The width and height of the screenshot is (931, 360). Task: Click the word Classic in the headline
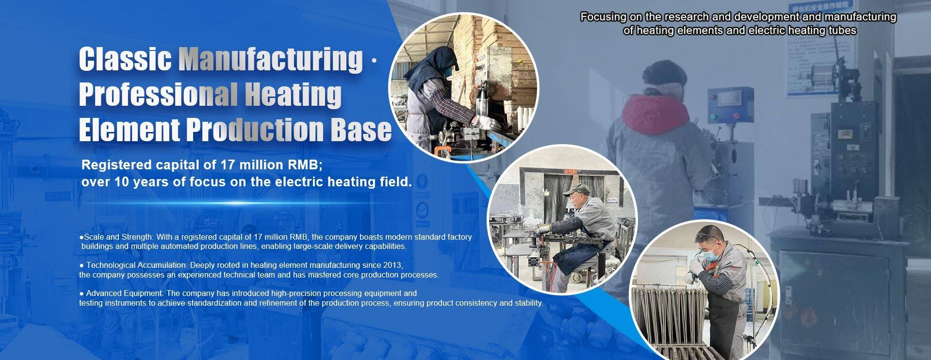[126, 59]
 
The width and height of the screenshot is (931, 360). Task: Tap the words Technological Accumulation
[136, 265]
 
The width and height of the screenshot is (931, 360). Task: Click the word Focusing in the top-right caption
[604, 17]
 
